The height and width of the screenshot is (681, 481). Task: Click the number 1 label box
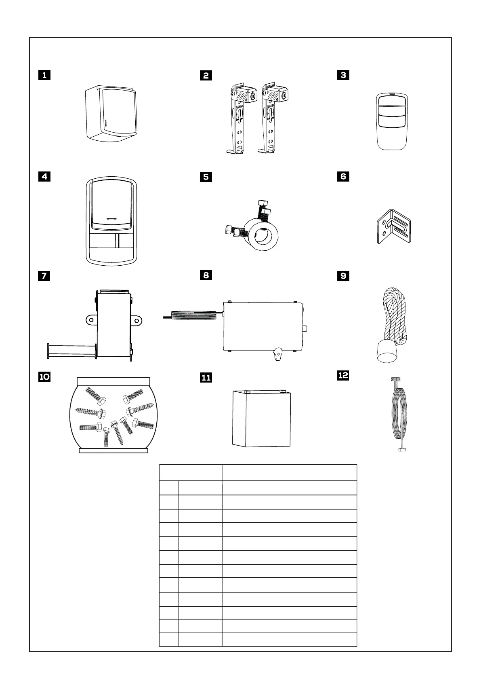pos(44,75)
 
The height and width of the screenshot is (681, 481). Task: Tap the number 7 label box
pos(44,276)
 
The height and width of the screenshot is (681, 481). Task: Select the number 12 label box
pos(343,375)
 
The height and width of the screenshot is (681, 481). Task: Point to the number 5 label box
pos(206,177)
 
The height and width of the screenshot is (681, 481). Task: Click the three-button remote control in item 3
pos(392,121)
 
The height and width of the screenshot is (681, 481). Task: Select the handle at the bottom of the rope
pos(386,351)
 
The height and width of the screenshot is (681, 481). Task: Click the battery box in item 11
pos(262,419)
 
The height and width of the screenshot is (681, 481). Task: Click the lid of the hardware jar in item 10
pos(113,381)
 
